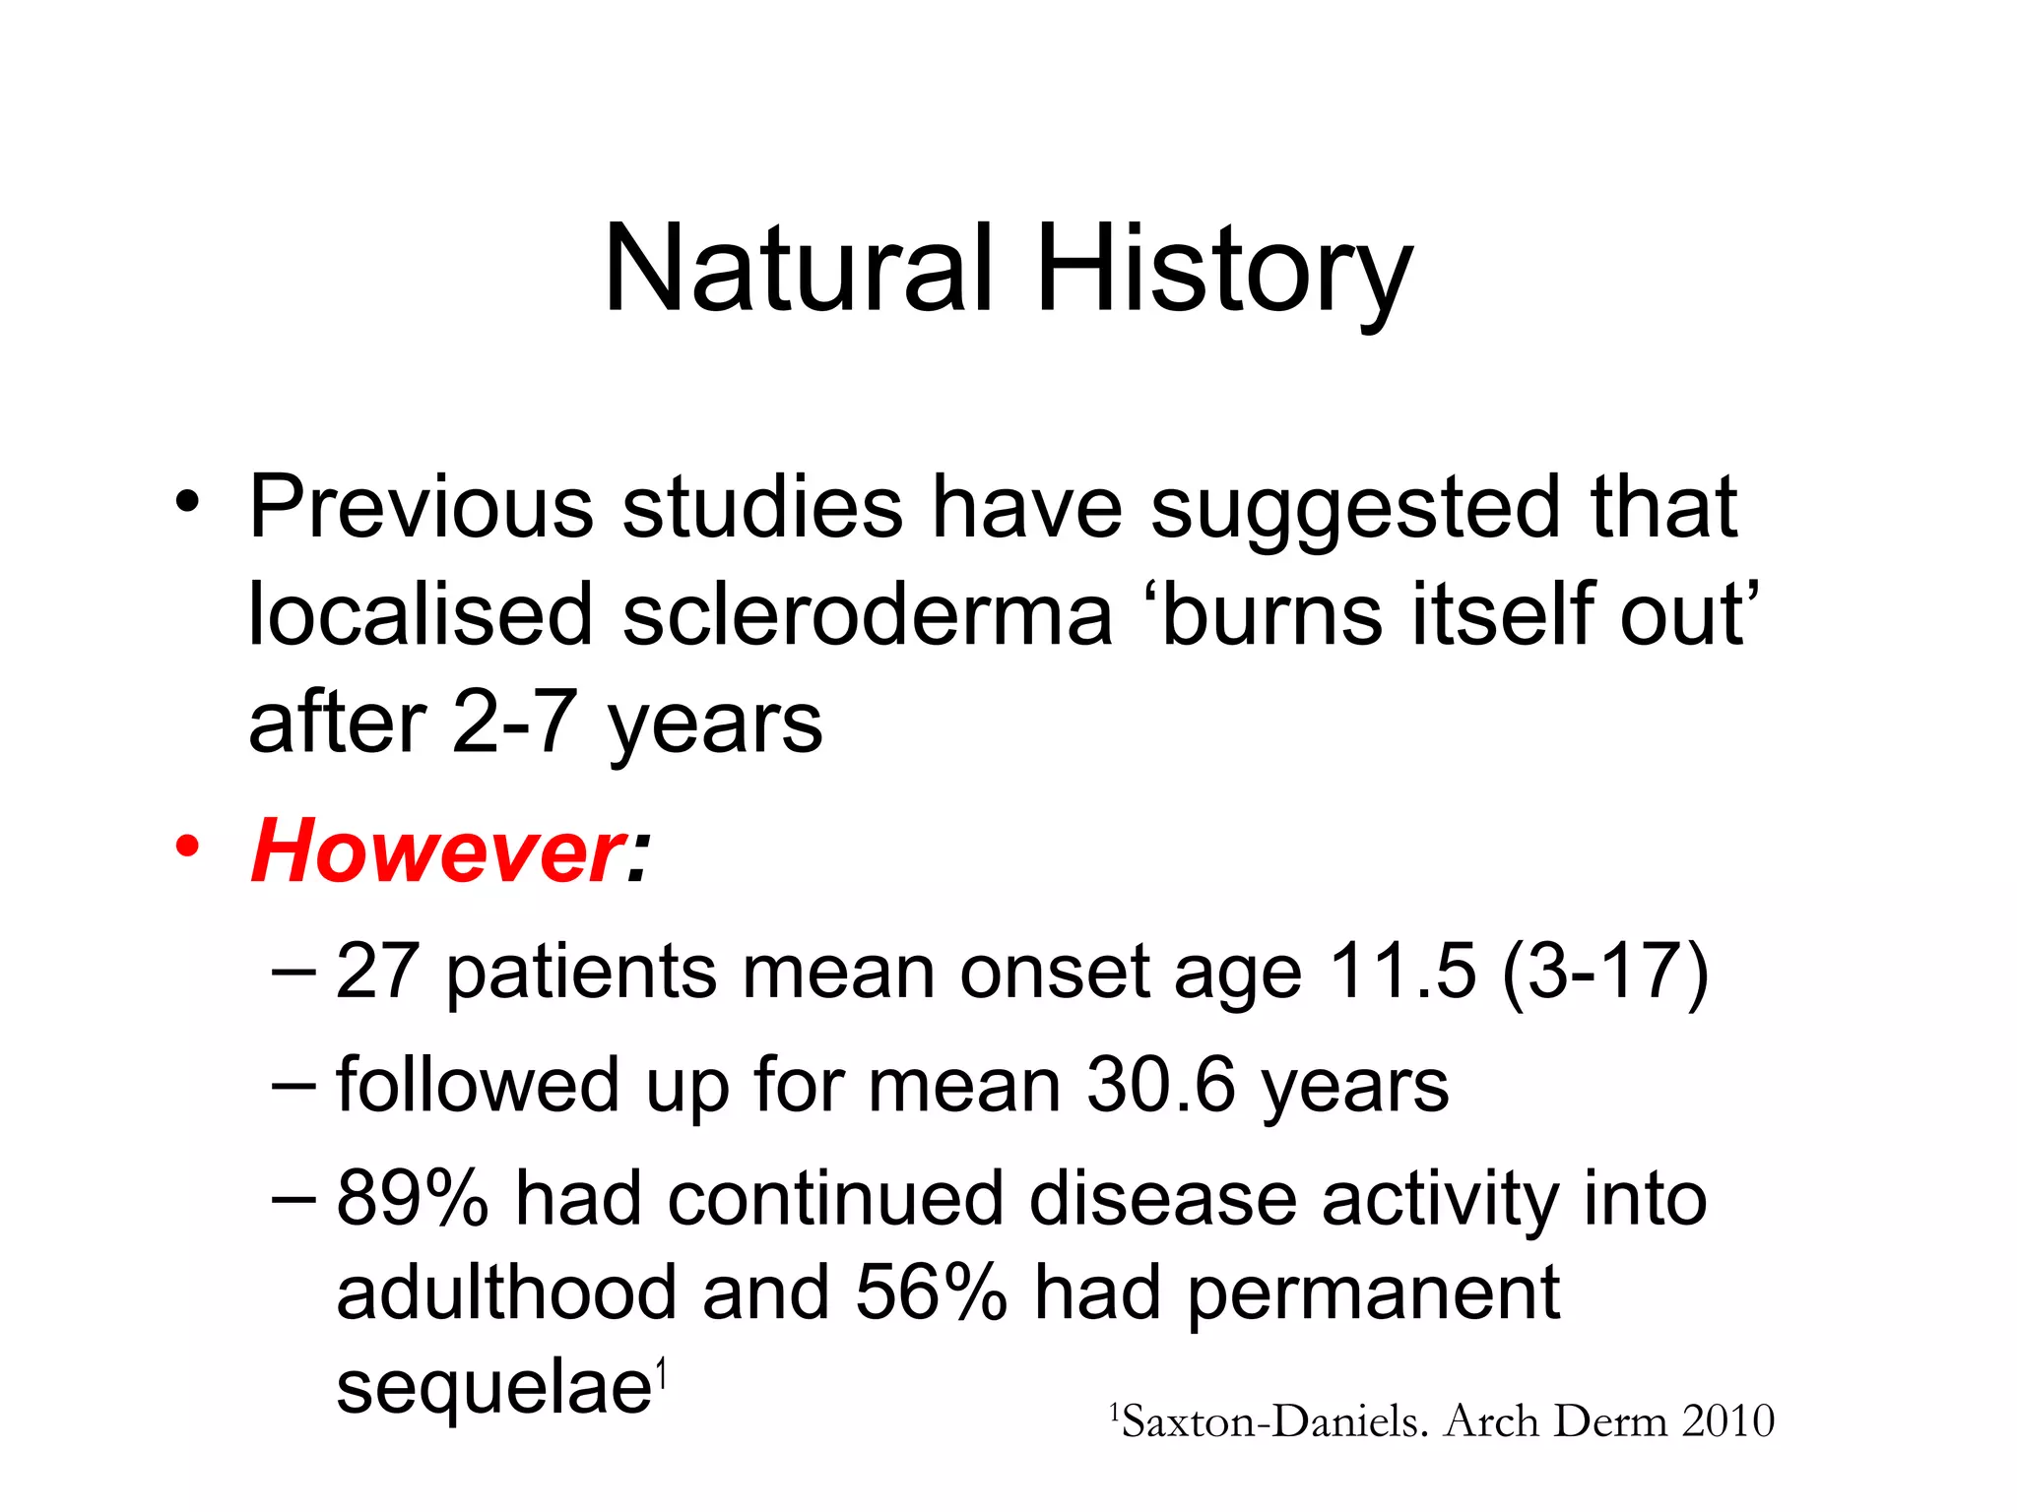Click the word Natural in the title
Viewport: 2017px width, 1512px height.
coord(798,268)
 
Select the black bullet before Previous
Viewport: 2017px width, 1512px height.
coord(187,503)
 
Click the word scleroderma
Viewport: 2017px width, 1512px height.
coord(867,614)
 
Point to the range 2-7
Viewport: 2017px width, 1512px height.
coord(513,723)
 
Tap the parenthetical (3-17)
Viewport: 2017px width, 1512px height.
coord(1605,972)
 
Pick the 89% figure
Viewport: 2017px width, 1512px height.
coord(412,1198)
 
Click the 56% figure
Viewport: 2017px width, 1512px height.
coord(931,1291)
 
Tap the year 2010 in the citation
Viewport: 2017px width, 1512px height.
coord(1727,1421)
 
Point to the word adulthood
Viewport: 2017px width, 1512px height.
coord(506,1291)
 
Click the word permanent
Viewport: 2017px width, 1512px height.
coord(1373,1293)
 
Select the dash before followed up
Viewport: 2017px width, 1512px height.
coord(293,1084)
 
